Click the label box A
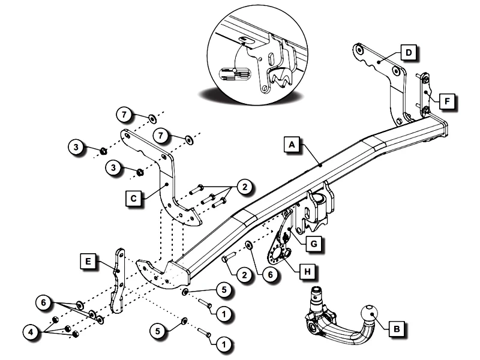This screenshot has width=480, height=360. click(x=291, y=145)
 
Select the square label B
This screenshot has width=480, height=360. click(x=397, y=328)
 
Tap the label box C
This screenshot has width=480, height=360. click(x=134, y=196)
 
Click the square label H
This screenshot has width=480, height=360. click(x=307, y=271)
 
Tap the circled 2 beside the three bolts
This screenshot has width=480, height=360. click(x=245, y=187)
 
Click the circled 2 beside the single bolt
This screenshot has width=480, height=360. click(x=243, y=275)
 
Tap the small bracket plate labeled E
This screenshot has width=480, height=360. click(x=118, y=282)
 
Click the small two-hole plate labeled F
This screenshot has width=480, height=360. click(x=425, y=95)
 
